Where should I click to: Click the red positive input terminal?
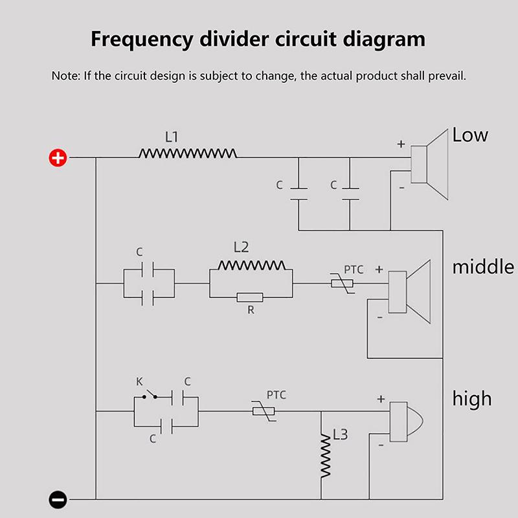pyautogui.click(x=58, y=157)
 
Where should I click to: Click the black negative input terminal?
pyautogui.click(x=58, y=499)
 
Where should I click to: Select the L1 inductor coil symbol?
pyautogui.click(x=188, y=153)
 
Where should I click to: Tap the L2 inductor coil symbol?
pyautogui.click(x=252, y=265)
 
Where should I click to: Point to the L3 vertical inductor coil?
pyautogui.click(x=326, y=456)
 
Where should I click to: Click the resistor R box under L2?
pyautogui.click(x=250, y=297)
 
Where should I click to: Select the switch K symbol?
pyautogui.click(x=150, y=394)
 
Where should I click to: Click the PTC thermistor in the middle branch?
pyautogui.click(x=343, y=284)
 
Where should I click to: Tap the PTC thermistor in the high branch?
pyautogui.click(x=264, y=411)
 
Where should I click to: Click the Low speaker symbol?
pyautogui.click(x=429, y=164)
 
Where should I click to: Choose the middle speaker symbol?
pyautogui.click(x=409, y=292)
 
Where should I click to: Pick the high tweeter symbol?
pyautogui.click(x=406, y=422)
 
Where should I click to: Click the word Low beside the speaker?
pyautogui.click(x=470, y=135)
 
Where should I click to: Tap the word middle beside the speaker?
pyautogui.click(x=483, y=267)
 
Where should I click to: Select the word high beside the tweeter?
pyautogui.click(x=472, y=399)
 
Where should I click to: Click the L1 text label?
pyautogui.click(x=172, y=137)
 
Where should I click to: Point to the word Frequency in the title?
pyautogui.click(x=142, y=39)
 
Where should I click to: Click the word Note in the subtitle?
pyautogui.click(x=65, y=76)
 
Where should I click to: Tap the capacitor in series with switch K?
pyautogui.click(x=177, y=397)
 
